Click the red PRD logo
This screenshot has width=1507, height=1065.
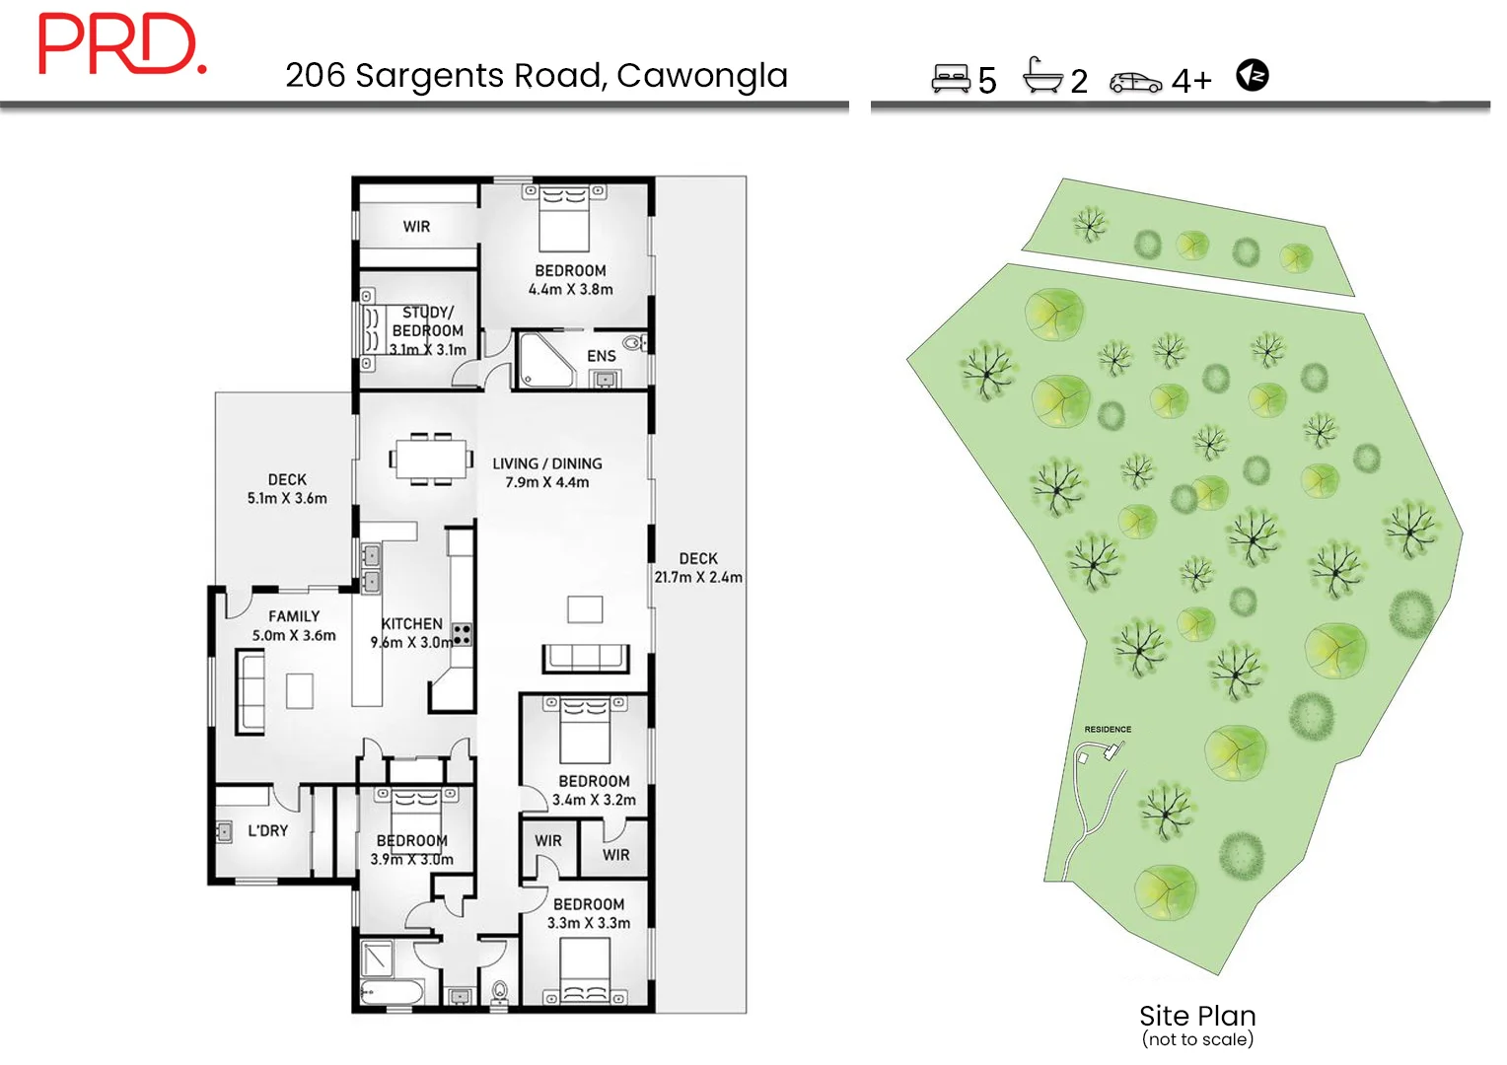pyautogui.click(x=121, y=44)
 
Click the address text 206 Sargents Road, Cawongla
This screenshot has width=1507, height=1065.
pyautogui.click(x=537, y=76)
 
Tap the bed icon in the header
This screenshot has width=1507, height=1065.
pyautogui.click(x=951, y=78)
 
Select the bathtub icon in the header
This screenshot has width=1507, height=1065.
pyautogui.click(x=1042, y=76)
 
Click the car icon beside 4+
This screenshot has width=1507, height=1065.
pyautogui.click(x=1135, y=82)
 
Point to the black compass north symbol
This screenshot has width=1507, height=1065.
pyautogui.click(x=1253, y=75)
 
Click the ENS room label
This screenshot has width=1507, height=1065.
pyautogui.click(x=601, y=356)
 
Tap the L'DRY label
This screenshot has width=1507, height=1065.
pyautogui.click(x=267, y=830)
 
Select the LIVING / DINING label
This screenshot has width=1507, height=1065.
pyautogui.click(x=547, y=463)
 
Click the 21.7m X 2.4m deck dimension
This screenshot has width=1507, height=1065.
pyautogui.click(x=698, y=577)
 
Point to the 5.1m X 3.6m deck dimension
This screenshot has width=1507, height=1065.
pyautogui.click(x=287, y=498)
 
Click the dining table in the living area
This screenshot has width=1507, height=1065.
pyautogui.click(x=431, y=459)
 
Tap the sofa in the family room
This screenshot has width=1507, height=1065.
pyautogui.click(x=251, y=691)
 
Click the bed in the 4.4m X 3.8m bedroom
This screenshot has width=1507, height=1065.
pyautogui.click(x=564, y=219)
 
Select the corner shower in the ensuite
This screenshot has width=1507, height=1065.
pyautogui.click(x=544, y=361)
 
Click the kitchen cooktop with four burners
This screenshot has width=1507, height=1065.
pyautogui.click(x=461, y=634)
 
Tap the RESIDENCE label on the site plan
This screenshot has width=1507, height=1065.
pyautogui.click(x=1108, y=730)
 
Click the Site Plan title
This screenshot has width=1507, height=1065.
pyautogui.click(x=1197, y=1016)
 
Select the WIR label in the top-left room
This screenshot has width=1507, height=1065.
pyautogui.click(x=416, y=227)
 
